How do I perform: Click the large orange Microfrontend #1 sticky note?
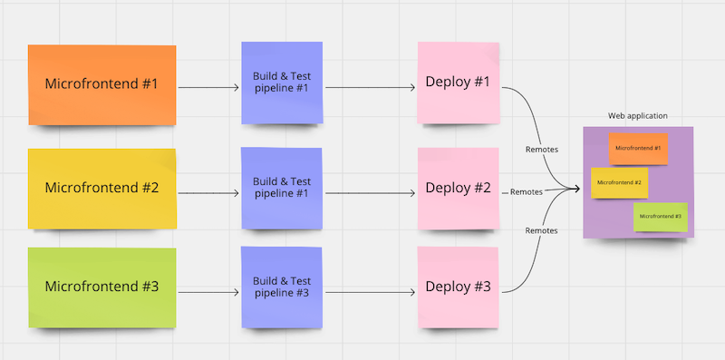pos(101,84)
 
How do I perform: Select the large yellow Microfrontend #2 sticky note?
pos(101,189)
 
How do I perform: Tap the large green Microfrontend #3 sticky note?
pos(101,287)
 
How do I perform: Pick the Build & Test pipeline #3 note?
pos(281,287)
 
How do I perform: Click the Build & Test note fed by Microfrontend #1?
pos(281,83)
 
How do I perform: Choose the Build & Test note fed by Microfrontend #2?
pos(281,188)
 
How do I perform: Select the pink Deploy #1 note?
pos(458,83)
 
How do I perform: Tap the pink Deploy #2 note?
pos(458,188)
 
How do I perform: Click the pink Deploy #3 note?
pos(458,287)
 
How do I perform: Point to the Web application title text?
pos(638,116)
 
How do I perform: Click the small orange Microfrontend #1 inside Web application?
pos(638,148)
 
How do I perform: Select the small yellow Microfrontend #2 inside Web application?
pos(620,183)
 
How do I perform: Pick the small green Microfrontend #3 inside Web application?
pos(660,217)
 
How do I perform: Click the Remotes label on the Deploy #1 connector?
pos(542,149)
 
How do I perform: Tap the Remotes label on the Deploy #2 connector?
pos(527,192)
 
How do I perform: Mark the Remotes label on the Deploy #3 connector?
pos(541,231)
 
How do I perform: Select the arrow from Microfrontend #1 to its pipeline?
pos(208,88)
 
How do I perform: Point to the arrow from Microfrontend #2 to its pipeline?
pos(208,193)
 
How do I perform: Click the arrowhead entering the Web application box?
pos(576,189)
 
